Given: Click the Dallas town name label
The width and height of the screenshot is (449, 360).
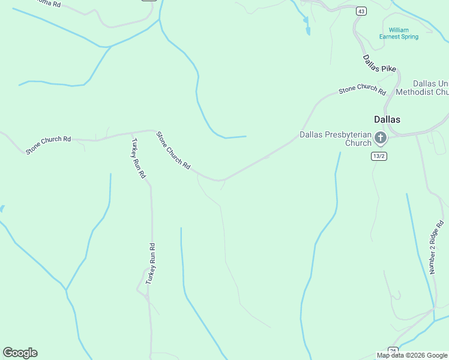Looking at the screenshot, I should (x=387, y=119).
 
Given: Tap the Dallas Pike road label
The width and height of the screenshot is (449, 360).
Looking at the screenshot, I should (x=379, y=64).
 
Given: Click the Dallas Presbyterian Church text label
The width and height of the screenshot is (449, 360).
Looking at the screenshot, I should (x=336, y=139).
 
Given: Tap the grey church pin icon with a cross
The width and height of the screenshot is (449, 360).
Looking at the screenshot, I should (x=381, y=139).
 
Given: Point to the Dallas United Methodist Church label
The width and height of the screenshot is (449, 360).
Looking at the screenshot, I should (x=430, y=88).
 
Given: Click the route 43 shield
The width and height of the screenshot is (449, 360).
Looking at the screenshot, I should (x=361, y=11).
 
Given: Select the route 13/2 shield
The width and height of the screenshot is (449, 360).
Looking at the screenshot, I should (x=378, y=156).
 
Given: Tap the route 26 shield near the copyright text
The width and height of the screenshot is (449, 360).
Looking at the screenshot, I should (x=393, y=350).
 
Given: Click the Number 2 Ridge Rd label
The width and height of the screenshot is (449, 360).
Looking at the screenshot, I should (x=437, y=247).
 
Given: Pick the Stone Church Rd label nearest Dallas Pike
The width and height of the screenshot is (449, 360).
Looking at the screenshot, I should (x=362, y=89).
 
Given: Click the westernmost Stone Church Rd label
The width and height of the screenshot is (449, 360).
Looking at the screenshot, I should (x=48, y=144).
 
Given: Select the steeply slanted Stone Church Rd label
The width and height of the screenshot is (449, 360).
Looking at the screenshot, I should (x=173, y=150).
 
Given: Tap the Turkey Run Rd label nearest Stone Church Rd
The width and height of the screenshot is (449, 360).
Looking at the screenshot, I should (x=139, y=158).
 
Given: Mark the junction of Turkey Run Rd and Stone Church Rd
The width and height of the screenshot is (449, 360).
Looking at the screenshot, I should (x=130, y=133).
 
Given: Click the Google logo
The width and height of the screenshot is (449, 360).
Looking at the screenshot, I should (x=20, y=353).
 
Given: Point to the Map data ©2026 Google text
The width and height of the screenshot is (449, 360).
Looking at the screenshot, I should (x=412, y=355).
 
